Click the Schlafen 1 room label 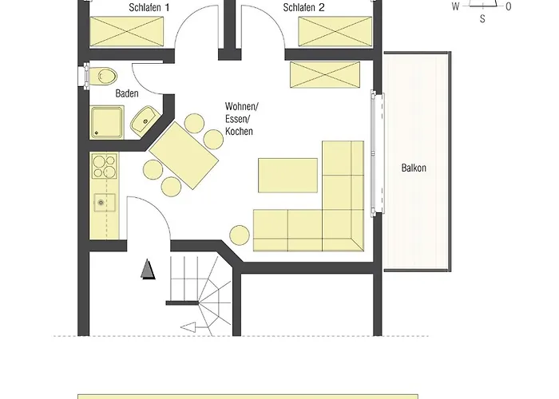coord(149,7)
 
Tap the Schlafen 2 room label coord(303,7)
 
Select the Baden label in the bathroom coord(127,93)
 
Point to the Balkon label coord(414,168)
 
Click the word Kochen coord(239,131)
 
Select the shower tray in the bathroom coord(106,122)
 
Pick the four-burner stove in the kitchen coord(105,166)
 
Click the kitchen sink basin coord(105,203)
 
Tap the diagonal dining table coord(184,156)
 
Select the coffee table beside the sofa coord(287,176)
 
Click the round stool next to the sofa coord(240,235)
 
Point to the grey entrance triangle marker coord(148,269)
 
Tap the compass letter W coord(456,6)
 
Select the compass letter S coord(482,19)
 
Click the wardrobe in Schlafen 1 coord(126,31)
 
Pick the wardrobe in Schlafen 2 coord(335,31)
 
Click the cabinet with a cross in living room coord(325,74)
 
